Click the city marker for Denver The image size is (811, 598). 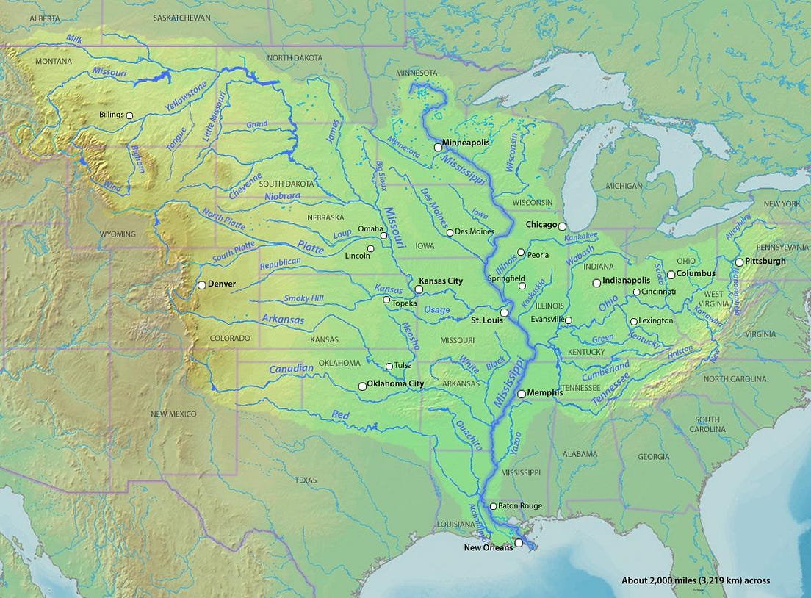[x=202, y=285]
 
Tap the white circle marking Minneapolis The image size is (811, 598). [x=438, y=147]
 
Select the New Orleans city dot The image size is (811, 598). [x=519, y=543]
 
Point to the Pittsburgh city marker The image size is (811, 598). [x=739, y=262]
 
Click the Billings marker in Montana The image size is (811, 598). [x=129, y=115]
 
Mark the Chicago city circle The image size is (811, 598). [x=562, y=226]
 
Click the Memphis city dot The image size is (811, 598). [x=522, y=395]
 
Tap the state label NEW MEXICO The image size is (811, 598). [x=174, y=414]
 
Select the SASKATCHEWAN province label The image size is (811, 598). [x=182, y=17]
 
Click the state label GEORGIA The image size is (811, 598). [x=653, y=456]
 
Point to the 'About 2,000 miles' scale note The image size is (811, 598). [x=695, y=580]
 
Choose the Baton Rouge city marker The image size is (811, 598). [x=493, y=506]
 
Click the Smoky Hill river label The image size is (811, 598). [x=303, y=298]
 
